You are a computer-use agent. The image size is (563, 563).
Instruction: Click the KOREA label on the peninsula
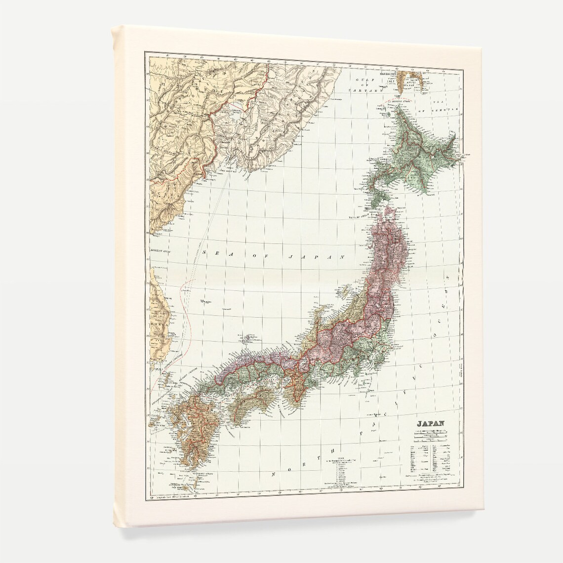point(159,326)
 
